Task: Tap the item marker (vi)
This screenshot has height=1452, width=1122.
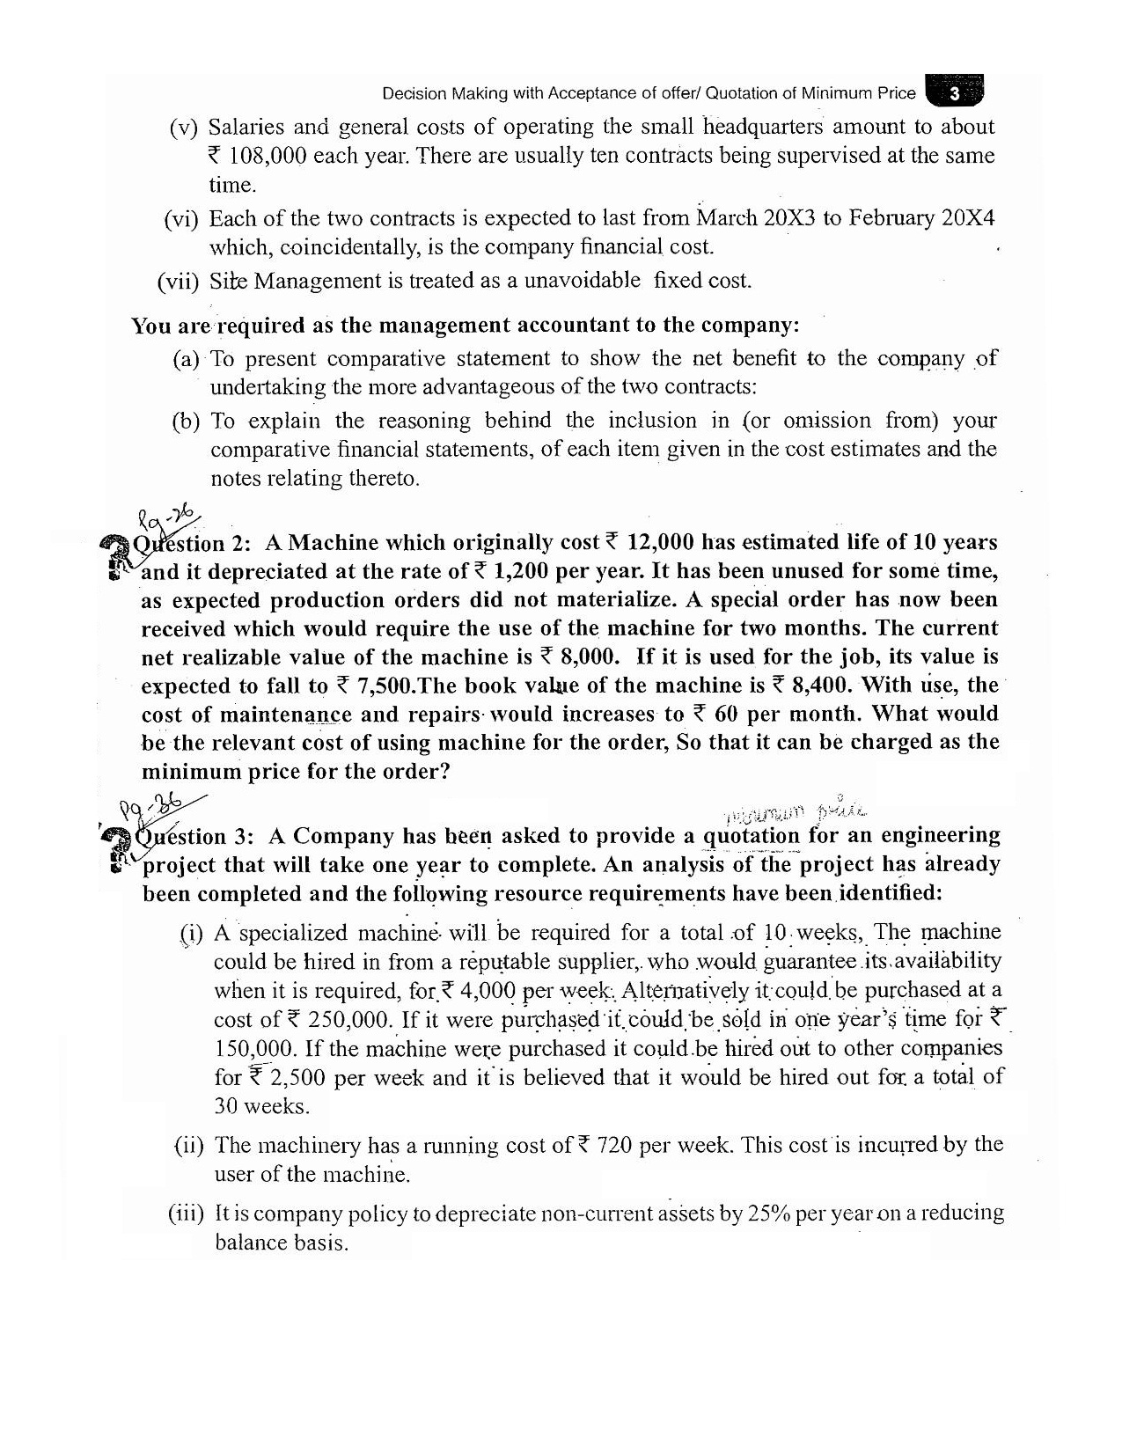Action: coord(181,218)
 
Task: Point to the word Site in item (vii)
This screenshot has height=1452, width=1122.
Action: coord(229,282)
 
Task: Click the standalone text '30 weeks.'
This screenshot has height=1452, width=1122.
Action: coord(261,1106)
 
